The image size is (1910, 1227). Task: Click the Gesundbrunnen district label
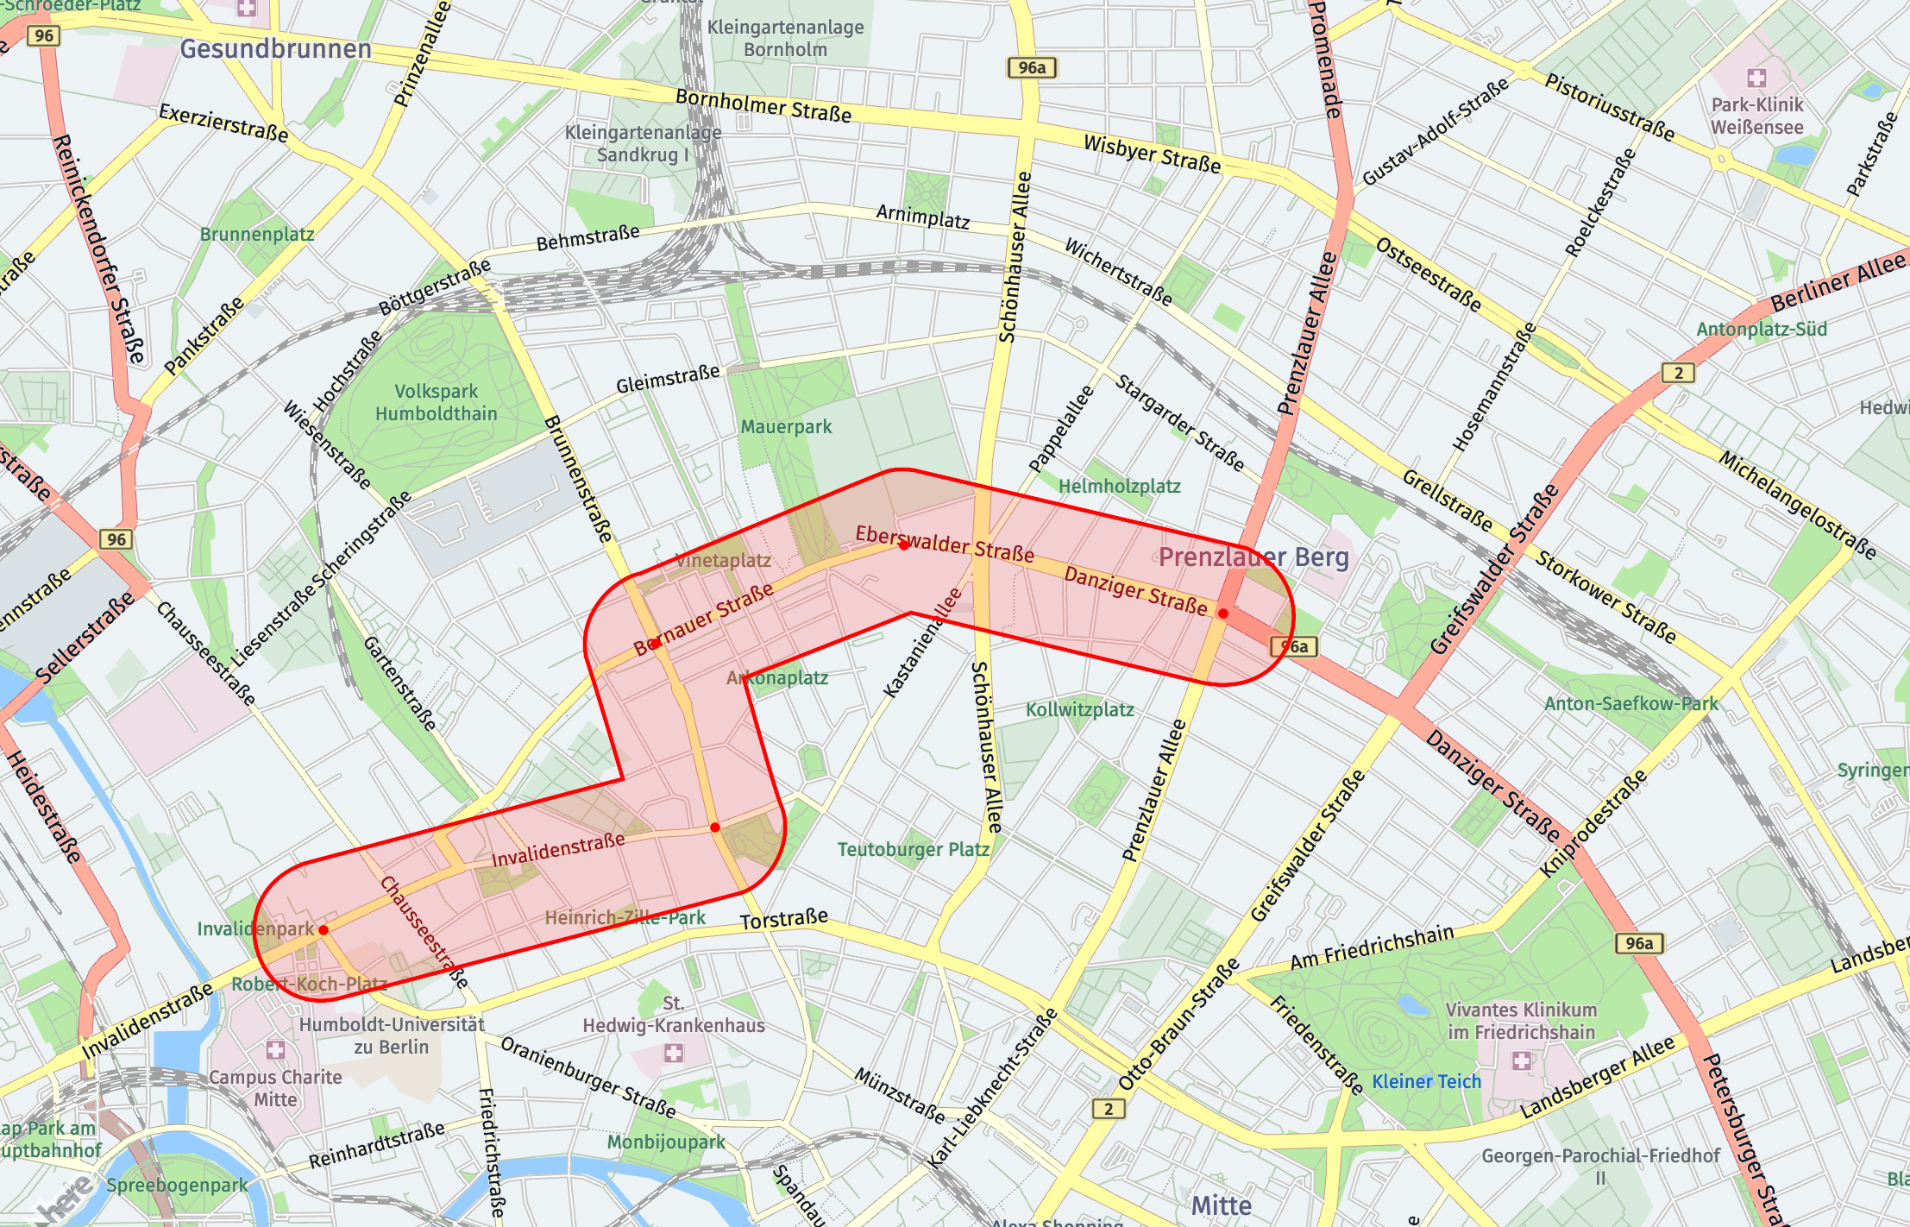click(x=275, y=49)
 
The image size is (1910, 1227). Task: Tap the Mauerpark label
click(x=786, y=426)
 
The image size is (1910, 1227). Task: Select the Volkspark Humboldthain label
click(x=436, y=402)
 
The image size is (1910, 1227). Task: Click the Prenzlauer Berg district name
click(x=1253, y=557)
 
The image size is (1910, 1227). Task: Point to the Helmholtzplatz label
click(x=1119, y=486)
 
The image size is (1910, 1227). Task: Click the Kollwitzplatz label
click(x=1079, y=709)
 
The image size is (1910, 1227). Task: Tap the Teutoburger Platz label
click(x=913, y=849)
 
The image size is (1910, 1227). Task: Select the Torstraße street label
click(x=783, y=920)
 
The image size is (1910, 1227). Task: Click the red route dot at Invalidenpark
click(x=324, y=930)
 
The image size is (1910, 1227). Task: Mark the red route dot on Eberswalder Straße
click(x=903, y=545)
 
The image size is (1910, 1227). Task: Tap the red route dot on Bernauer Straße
click(x=655, y=644)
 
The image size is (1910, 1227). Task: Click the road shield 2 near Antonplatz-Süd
click(x=1678, y=373)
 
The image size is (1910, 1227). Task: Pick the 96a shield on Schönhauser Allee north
click(x=1031, y=67)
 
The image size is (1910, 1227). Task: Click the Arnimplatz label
click(x=922, y=216)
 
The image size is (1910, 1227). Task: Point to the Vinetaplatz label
click(x=723, y=560)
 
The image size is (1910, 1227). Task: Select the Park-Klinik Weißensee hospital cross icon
click(x=1756, y=79)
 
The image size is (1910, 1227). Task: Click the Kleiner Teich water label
click(x=1426, y=1081)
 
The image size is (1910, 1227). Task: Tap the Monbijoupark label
click(x=666, y=1142)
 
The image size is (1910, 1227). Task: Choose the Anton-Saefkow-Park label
click(x=1630, y=703)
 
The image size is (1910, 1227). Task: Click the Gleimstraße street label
click(x=668, y=379)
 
